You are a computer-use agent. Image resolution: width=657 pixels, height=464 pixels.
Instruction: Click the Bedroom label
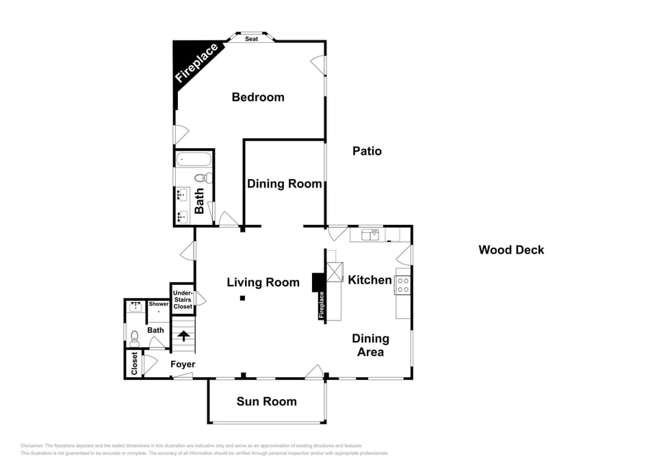click(257, 97)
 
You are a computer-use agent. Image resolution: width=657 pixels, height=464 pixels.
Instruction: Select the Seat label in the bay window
click(251, 39)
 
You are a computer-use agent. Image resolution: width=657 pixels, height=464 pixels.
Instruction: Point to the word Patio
click(367, 151)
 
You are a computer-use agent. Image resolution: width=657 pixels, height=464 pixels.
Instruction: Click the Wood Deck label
click(511, 250)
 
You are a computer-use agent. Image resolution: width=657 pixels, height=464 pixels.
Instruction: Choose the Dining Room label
click(284, 184)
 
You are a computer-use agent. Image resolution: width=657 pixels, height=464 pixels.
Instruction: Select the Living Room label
click(263, 282)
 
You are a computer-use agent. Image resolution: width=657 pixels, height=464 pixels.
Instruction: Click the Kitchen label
click(370, 279)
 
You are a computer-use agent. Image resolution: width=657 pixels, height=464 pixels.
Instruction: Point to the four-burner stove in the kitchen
click(403, 285)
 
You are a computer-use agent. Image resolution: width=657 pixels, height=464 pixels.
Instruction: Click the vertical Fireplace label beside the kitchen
click(321, 305)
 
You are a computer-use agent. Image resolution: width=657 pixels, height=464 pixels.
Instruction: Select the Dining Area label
click(370, 345)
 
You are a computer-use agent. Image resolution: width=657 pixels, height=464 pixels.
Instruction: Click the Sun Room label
click(266, 401)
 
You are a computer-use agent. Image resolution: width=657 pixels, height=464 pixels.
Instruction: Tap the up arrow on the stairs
click(183, 336)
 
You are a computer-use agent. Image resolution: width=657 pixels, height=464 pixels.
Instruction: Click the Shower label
click(159, 304)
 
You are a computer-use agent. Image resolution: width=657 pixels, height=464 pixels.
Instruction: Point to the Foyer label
click(183, 364)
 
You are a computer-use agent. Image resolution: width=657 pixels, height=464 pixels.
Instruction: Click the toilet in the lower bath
click(134, 336)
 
